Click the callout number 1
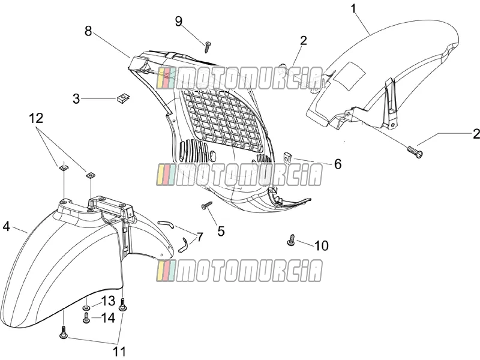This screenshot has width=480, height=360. click(x=353, y=8)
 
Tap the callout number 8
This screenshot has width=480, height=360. click(x=88, y=31)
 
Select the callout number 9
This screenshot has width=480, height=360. click(x=178, y=21)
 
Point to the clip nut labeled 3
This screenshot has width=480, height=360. click(x=124, y=98)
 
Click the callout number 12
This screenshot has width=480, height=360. click(x=36, y=118)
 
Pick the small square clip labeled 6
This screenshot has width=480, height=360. click(x=287, y=157)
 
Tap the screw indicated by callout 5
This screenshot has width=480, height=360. click(x=207, y=205)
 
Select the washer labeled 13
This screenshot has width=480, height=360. click(x=86, y=307)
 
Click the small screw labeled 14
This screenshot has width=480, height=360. click(x=86, y=318)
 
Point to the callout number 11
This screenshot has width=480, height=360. click(x=119, y=351)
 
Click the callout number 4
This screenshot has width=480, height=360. click(x=7, y=227)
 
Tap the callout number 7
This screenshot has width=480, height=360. click(x=199, y=236)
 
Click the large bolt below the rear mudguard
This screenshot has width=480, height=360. click(x=415, y=152)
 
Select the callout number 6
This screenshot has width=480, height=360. click(x=338, y=164)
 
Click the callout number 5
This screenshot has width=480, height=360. click(x=221, y=231)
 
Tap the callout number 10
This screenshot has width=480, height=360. click(x=322, y=245)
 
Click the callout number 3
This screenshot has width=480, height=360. click(x=76, y=98)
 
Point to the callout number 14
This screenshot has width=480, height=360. click(x=108, y=318)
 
